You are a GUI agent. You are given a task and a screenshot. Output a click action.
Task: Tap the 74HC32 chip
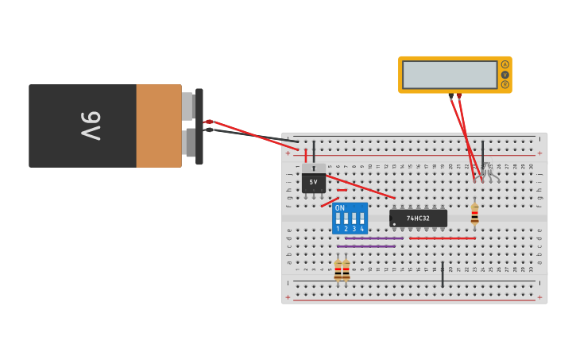(x=419, y=218)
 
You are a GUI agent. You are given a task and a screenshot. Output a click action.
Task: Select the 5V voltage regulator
(x=313, y=181)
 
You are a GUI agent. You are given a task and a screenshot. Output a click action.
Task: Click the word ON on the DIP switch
(x=340, y=208)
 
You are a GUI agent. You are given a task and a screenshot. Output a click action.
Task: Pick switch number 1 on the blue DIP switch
(x=338, y=219)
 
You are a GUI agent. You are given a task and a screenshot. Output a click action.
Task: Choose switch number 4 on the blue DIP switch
(x=362, y=219)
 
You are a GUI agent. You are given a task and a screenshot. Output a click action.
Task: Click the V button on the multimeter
(x=504, y=74)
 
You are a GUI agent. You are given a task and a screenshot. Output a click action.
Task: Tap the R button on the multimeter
(x=504, y=83)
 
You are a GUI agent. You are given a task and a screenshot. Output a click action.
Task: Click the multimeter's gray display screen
(x=450, y=75)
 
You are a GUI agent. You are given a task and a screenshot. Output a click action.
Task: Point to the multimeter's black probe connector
(x=451, y=96)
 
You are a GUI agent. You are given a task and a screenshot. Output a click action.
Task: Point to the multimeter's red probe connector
(x=459, y=96)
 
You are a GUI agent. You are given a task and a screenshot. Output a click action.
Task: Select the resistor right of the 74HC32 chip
(x=474, y=213)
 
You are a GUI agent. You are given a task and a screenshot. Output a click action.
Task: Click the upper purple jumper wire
(x=373, y=238)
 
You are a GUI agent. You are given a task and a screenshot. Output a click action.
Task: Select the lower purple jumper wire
(x=365, y=246)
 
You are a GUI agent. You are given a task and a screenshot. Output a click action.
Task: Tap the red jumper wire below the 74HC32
(x=442, y=238)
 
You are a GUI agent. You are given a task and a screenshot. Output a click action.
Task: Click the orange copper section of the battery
(x=159, y=126)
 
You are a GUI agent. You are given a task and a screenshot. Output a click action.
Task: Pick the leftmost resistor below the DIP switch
(x=338, y=270)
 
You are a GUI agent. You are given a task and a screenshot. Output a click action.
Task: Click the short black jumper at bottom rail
(x=443, y=274)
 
